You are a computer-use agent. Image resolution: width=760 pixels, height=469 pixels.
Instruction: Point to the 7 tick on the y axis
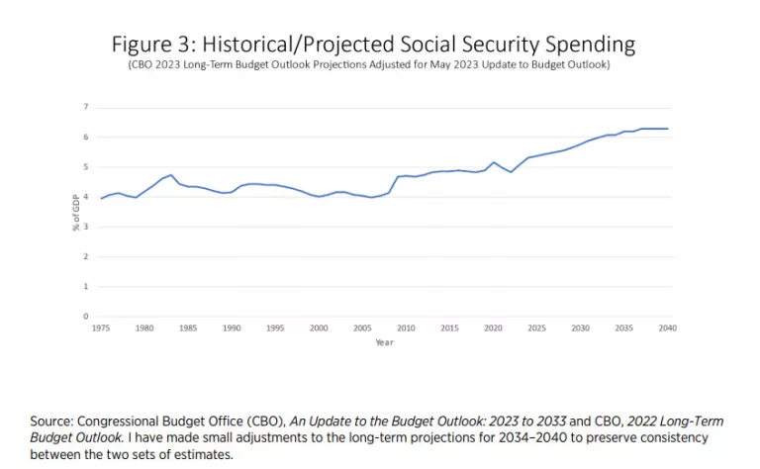coord(86,107)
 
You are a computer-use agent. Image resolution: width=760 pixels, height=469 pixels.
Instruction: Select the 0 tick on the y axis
coord(86,317)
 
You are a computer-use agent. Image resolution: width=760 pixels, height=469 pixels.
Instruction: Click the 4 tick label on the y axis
coord(86,197)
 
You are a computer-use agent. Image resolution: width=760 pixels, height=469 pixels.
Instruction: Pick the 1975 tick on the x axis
coord(101,328)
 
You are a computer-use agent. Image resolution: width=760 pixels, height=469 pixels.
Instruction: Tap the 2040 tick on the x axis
coord(668,328)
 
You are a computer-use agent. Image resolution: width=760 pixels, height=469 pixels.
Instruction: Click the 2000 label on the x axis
coord(319,328)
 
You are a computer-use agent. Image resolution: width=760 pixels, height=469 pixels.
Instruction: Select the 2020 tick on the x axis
coord(494,328)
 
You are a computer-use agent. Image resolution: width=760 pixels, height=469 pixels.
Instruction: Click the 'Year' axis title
coord(384,342)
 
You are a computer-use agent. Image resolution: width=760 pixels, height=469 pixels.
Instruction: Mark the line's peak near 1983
coord(171,175)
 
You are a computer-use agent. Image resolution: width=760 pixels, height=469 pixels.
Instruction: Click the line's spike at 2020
coord(494,162)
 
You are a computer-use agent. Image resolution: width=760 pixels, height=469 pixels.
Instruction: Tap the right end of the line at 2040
coord(668,129)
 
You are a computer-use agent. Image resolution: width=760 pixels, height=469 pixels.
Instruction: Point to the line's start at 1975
coord(101,198)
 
